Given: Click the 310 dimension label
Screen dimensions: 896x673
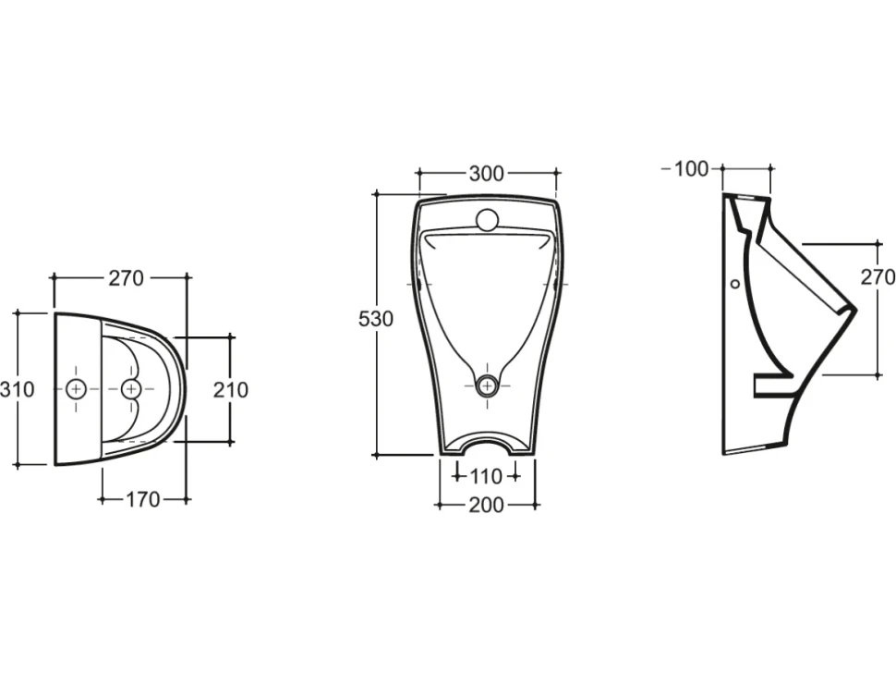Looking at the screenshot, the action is [x=18, y=389].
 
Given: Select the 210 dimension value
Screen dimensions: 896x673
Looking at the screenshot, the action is [x=231, y=390].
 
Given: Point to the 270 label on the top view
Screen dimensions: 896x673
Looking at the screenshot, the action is [x=127, y=278].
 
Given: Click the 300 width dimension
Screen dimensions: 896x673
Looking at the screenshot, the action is [x=487, y=173].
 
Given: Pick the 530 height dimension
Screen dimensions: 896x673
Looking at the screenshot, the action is [x=376, y=319].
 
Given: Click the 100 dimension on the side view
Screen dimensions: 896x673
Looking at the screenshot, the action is [x=692, y=169].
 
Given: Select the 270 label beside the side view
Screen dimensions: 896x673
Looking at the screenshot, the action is [x=878, y=276].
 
